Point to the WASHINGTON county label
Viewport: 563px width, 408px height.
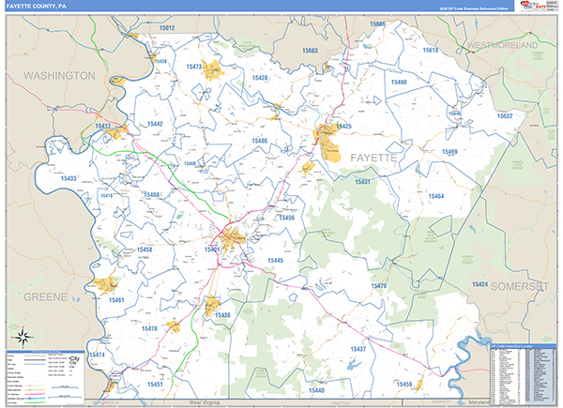pos(59,75)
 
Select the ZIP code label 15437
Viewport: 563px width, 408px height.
pos(359,349)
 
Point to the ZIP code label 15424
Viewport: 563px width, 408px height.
pos(479,282)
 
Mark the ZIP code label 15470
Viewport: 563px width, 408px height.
pos(378,285)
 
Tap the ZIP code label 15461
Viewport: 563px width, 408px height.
pos(116,300)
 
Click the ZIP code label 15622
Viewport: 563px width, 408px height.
pos(505,115)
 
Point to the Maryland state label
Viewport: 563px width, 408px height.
pos(479,401)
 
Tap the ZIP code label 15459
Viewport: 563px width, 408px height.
pos(404,385)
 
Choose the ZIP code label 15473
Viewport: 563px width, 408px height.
pos(195,67)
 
